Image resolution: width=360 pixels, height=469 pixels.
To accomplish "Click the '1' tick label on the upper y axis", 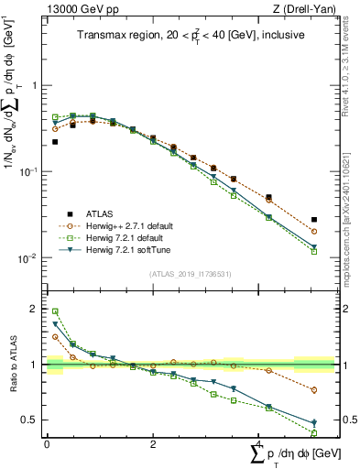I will (35, 85).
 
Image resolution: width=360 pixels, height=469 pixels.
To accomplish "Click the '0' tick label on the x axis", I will (47, 443).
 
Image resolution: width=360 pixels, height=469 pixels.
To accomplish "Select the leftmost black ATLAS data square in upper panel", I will (55, 142).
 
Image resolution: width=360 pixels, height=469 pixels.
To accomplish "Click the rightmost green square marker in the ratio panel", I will (314, 433).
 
